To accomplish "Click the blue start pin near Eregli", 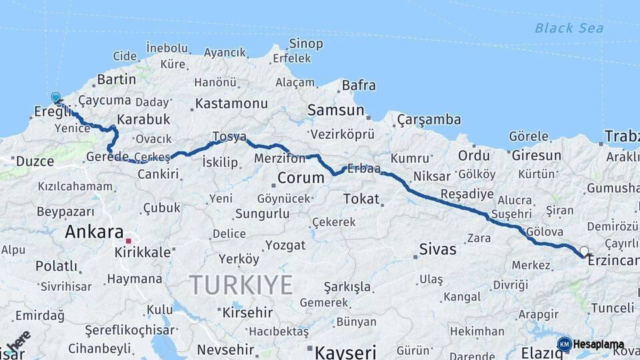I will coord(55,97).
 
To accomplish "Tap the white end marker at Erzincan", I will coord(585,251).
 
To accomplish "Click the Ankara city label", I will coord(94,233).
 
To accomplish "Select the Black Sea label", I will coord(569,28).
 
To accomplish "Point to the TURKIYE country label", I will coord(241,285).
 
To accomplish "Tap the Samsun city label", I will coord(336,110).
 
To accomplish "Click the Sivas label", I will coord(437,250).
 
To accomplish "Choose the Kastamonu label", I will coord(231,104).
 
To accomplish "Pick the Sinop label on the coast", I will coord(306,44).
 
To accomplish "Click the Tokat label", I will coord(361,199).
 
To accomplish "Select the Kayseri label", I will coord(345,351).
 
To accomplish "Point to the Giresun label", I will coord(537,155).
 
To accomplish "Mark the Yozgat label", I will coord(285,245).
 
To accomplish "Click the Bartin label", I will coord(117,79).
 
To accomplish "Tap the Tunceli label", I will coord(613,308).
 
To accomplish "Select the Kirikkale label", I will coord(143,253).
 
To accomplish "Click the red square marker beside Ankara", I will coord(129,239).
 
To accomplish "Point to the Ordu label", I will coord(474,155).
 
